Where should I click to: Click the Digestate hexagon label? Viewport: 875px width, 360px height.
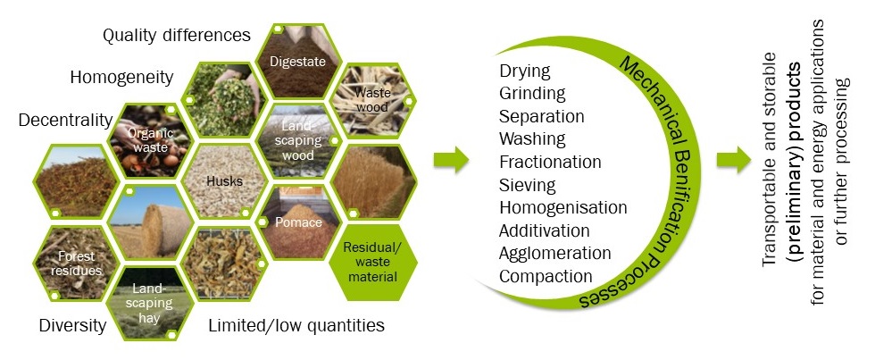click(x=297, y=62)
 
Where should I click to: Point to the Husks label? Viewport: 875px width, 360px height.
click(x=224, y=181)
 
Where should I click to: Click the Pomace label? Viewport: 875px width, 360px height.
click(x=298, y=222)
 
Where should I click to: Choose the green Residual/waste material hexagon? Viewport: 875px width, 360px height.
click(x=371, y=261)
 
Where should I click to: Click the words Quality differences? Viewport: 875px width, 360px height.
click(x=177, y=35)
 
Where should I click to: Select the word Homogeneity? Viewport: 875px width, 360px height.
click(x=121, y=77)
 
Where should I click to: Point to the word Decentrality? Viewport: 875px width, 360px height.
click(x=65, y=120)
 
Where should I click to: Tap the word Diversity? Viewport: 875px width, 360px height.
click(x=72, y=325)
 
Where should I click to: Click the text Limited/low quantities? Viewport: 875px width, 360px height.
click(x=296, y=325)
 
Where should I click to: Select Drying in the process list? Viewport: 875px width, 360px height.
click(x=525, y=71)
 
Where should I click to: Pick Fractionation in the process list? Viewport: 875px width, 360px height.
click(x=550, y=162)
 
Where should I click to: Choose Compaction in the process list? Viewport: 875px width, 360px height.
click(x=546, y=276)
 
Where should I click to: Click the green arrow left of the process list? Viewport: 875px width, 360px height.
click(x=451, y=160)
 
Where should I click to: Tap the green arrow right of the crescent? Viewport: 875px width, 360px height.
click(x=734, y=160)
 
